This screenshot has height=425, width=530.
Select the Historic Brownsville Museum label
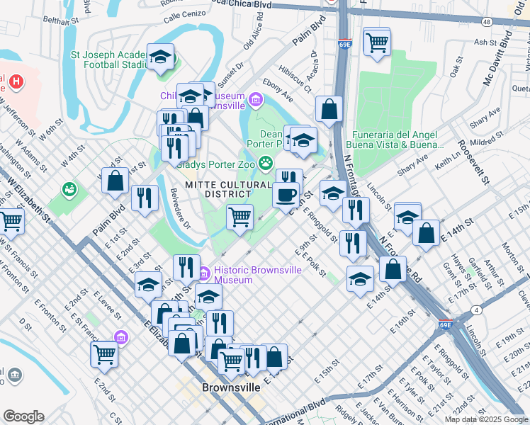[233, 275]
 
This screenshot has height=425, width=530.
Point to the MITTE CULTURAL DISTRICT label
[218, 189]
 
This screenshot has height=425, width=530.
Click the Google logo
[23, 416]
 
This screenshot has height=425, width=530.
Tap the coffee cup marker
[286, 195]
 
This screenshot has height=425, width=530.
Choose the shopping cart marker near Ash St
[377, 42]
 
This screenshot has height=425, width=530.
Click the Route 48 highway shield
[486, 22]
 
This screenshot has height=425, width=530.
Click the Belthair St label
[60, 22]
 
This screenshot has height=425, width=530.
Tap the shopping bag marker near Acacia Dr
[329, 110]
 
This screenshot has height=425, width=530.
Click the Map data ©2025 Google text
[486, 419]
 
